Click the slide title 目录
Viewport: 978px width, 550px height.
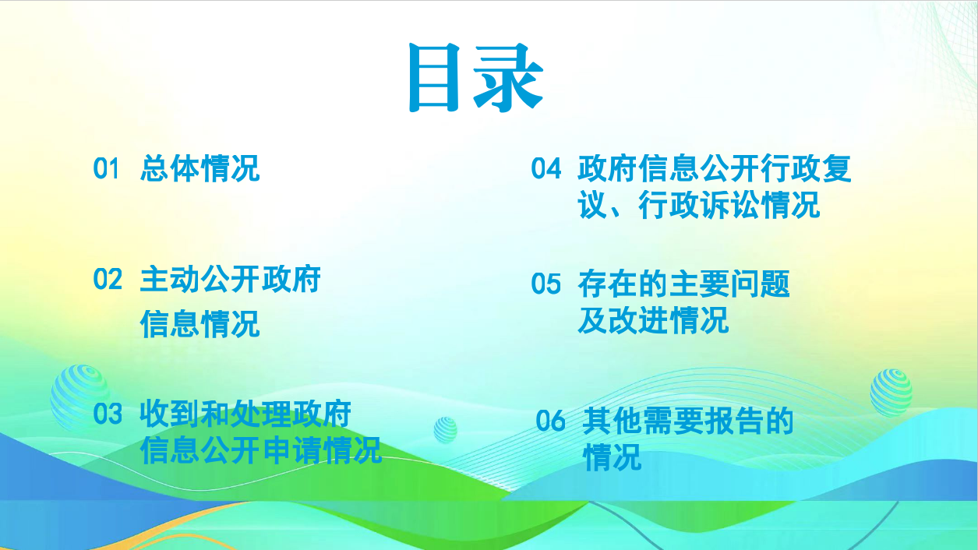point(476,77)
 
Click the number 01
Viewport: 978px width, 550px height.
point(106,168)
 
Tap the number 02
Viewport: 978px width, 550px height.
point(108,280)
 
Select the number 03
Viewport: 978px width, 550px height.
point(108,414)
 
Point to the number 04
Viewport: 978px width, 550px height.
point(545,168)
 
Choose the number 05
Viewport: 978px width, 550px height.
point(545,284)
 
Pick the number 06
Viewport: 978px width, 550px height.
point(550,421)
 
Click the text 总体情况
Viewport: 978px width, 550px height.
point(200,168)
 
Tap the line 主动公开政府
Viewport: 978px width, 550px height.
point(231,280)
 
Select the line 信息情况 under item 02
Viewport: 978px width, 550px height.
point(200,324)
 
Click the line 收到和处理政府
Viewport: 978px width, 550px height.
point(245,414)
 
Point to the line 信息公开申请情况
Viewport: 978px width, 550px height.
point(261,450)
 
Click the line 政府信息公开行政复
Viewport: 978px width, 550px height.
point(715,168)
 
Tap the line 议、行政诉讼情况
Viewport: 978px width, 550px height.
point(698,205)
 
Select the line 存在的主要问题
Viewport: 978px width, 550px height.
point(683,284)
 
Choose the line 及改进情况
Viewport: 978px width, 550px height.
point(653,320)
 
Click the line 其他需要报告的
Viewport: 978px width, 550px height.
point(688,421)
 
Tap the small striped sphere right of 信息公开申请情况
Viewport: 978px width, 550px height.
point(445,429)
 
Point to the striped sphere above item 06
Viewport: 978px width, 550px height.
point(891,393)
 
